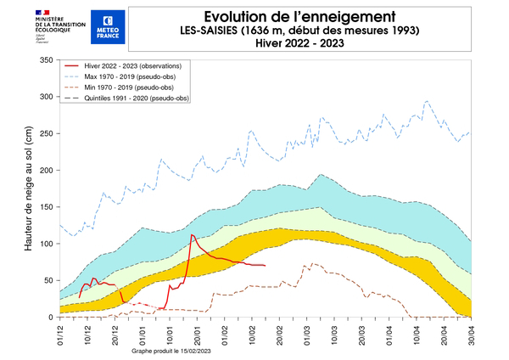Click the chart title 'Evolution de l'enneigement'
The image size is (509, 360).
(294, 16)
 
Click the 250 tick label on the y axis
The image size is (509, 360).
(43, 134)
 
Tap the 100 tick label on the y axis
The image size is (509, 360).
(43, 244)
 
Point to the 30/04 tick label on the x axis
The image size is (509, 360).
(471, 332)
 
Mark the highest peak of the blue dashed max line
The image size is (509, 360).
(427, 101)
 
